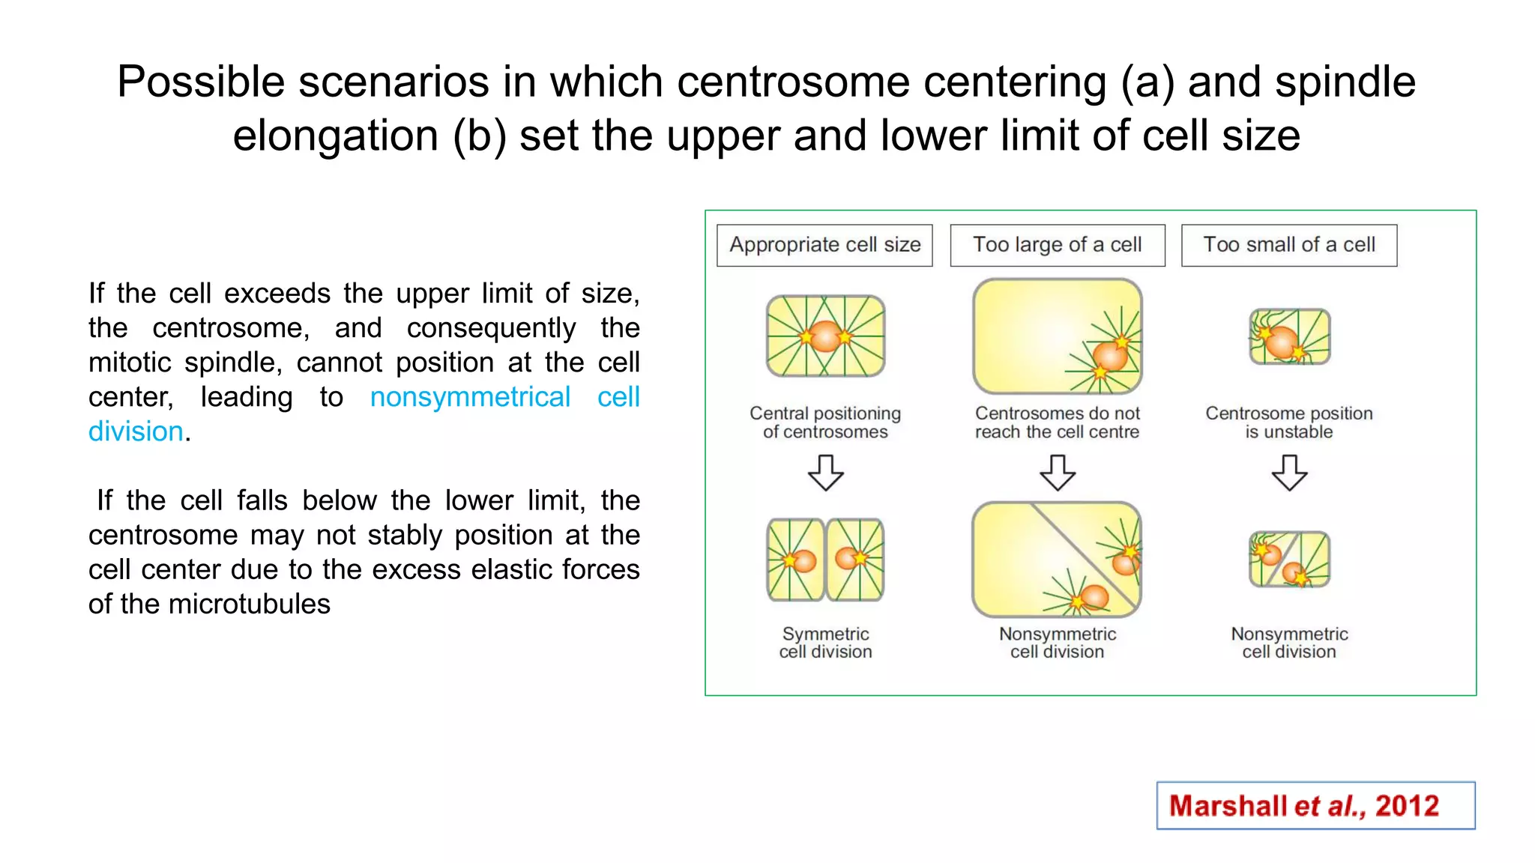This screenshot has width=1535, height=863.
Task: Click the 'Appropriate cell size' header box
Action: tap(824, 245)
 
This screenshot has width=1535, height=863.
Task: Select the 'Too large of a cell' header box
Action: tap(1057, 245)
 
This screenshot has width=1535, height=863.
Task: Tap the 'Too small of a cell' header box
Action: tap(1288, 245)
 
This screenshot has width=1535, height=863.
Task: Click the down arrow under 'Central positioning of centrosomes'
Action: tap(825, 473)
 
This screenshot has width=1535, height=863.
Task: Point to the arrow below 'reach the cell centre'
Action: tap(1058, 473)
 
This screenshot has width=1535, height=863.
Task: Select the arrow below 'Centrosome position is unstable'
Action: tap(1289, 473)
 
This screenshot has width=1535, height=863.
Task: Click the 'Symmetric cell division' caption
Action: tap(825, 643)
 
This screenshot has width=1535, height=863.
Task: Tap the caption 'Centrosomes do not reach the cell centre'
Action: tap(1057, 423)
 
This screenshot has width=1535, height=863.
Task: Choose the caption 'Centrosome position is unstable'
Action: tap(1288, 423)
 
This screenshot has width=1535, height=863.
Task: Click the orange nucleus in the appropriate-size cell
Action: tap(825, 336)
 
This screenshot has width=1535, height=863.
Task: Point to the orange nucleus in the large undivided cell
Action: tap(1110, 357)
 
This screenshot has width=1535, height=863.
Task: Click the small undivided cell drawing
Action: tap(1289, 336)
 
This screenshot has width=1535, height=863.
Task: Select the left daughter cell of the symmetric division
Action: tap(794, 560)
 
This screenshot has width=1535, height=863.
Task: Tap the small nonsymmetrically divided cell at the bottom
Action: tap(1289, 560)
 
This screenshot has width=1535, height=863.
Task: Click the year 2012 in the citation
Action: tap(1407, 806)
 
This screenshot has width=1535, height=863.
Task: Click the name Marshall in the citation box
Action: tap(1228, 806)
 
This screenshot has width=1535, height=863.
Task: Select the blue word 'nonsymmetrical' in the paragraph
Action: tap(470, 397)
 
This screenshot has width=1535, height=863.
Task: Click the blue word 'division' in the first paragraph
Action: tap(136, 431)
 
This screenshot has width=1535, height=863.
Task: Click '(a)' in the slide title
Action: tap(1148, 82)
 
